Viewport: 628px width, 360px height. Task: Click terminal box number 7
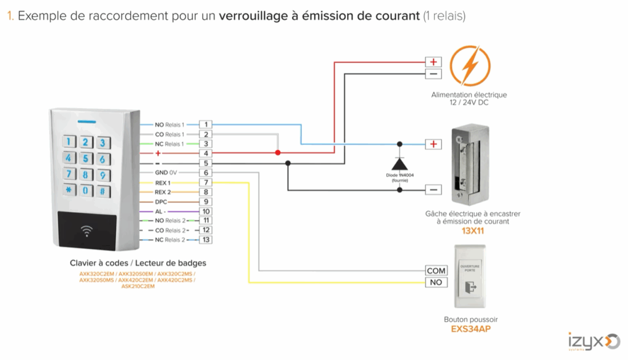(x=206, y=183)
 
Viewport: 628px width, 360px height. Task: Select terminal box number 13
(x=206, y=240)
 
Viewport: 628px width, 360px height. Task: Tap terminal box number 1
(x=206, y=124)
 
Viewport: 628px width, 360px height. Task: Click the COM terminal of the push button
(x=436, y=270)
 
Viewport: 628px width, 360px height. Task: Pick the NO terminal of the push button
(x=436, y=282)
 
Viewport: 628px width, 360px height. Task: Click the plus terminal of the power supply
(x=434, y=62)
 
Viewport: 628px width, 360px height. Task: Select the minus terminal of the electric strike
(x=434, y=190)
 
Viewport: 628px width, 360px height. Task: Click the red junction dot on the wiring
(x=277, y=153)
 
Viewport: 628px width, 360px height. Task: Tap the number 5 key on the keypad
(x=86, y=159)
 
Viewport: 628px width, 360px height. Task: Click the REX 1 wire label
(x=163, y=183)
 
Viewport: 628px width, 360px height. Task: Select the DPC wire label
(x=161, y=202)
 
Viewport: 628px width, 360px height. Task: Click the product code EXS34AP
(x=470, y=329)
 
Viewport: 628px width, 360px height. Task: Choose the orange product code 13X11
(x=473, y=231)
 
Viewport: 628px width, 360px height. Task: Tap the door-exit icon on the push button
(x=471, y=286)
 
